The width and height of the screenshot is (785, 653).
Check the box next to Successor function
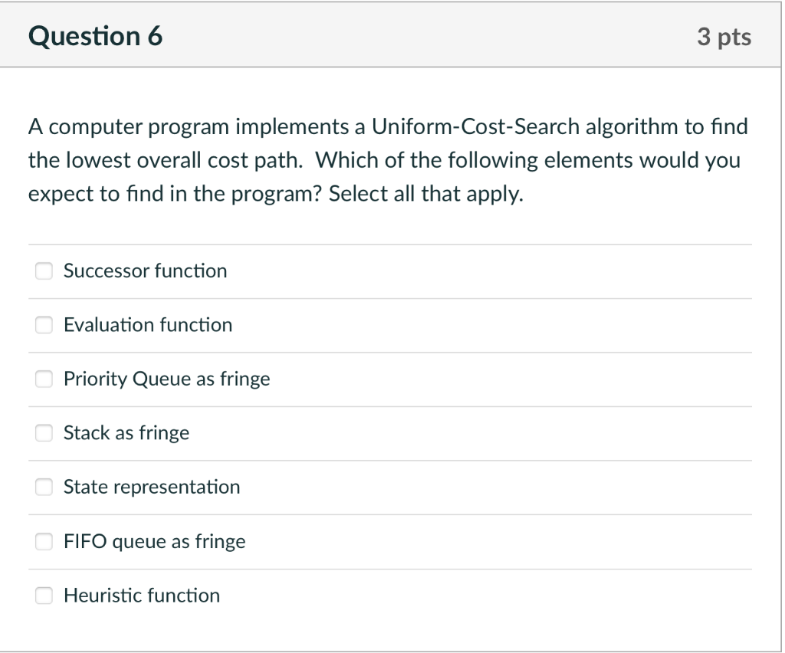point(44,271)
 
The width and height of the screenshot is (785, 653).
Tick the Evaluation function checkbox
point(44,325)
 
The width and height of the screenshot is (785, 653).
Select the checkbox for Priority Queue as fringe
point(44,379)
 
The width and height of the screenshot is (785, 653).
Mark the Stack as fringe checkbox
point(44,433)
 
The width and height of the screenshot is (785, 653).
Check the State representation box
point(44,487)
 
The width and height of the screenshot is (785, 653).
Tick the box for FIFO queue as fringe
point(44,542)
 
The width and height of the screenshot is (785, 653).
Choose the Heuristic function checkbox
point(44,596)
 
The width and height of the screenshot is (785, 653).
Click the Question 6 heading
point(96,36)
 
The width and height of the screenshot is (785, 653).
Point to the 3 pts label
point(724,37)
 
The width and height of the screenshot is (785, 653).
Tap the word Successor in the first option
point(106,271)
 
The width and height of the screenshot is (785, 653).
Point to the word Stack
point(87,433)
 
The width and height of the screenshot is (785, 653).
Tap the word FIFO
point(85,542)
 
